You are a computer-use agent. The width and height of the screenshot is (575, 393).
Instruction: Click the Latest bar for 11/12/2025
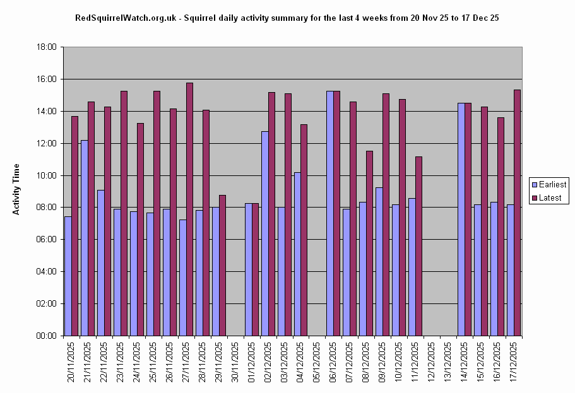click(x=418, y=246)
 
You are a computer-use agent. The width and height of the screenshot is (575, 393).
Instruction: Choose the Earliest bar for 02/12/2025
click(x=265, y=233)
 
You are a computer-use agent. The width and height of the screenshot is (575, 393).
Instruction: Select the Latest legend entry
click(x=548, y=198)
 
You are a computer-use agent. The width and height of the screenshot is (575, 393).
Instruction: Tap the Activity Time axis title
click(x=16, y=189)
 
